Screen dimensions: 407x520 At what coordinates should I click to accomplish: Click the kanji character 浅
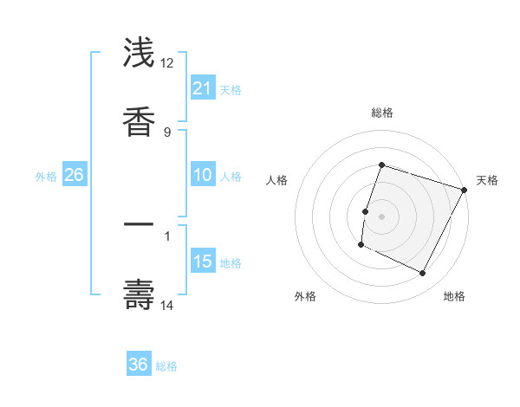coord(140,53)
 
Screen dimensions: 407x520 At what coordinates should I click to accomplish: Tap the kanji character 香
coord(140,121)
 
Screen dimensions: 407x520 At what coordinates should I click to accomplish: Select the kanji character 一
coord(140,224)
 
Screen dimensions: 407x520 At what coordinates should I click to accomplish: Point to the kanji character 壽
coord(140,294)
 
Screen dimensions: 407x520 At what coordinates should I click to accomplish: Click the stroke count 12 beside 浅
coord(167,63)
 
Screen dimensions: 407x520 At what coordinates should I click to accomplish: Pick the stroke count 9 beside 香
coord(167,132)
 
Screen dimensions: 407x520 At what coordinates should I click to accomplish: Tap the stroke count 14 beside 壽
coord(167,305)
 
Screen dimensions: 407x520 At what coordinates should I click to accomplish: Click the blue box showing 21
coord(203,87)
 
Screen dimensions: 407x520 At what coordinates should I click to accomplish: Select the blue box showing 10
coord(203,175)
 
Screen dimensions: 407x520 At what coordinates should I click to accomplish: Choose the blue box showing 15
coord(203,261)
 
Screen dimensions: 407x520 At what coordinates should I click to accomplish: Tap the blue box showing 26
coord(74,175)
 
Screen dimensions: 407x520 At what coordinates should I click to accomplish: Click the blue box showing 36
coord(139,365)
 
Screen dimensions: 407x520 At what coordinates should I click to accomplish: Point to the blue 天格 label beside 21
coord(231,89)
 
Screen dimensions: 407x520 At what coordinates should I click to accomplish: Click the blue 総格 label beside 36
coord(166,366)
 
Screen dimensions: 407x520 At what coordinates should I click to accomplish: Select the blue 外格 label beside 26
coord(46,177)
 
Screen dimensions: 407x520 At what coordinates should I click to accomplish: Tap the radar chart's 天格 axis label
coord(488,180)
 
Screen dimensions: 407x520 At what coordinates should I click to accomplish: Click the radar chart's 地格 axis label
coord(454,296)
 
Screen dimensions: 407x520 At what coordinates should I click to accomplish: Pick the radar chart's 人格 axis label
coord(276,180)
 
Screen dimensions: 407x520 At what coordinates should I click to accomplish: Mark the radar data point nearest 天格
coord(465,190)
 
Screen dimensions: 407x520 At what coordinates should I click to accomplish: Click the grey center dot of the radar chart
coord(382,216)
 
